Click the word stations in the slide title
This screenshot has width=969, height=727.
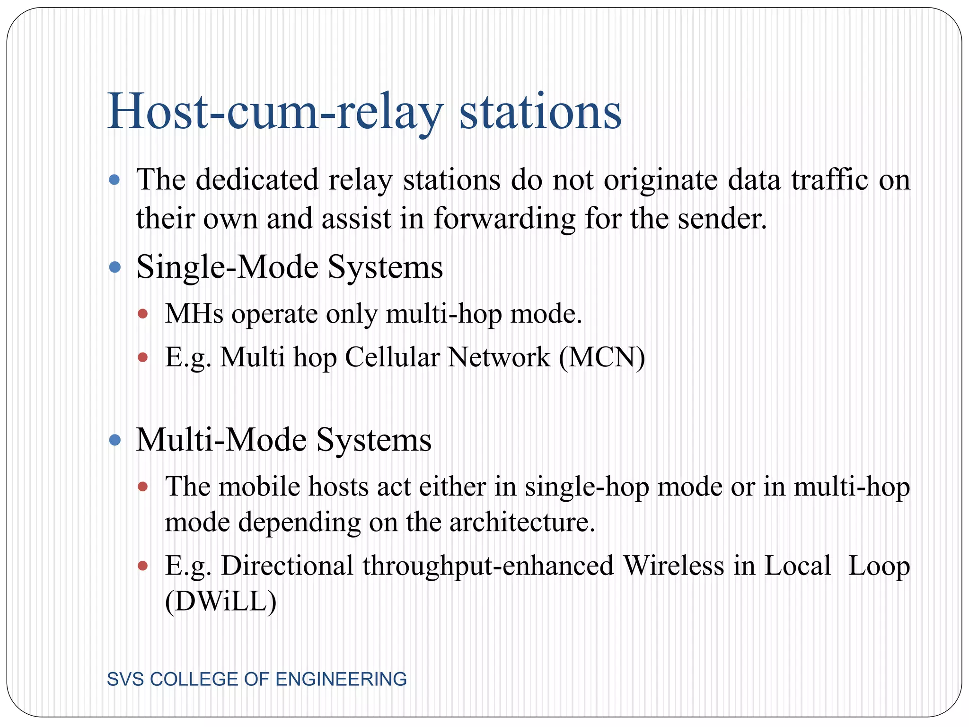(540, 113)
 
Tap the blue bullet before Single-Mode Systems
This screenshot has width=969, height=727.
(115, 267)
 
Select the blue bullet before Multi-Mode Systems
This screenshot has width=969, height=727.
(115, 441)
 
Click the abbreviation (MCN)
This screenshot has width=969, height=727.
(602, 357)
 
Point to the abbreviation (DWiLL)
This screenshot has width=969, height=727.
(220, 602)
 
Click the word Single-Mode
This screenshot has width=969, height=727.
(228, 267)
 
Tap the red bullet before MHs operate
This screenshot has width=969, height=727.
(143, 314)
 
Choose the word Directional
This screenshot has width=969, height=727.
(287, 566)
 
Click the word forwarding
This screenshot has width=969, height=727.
(504, 219)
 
